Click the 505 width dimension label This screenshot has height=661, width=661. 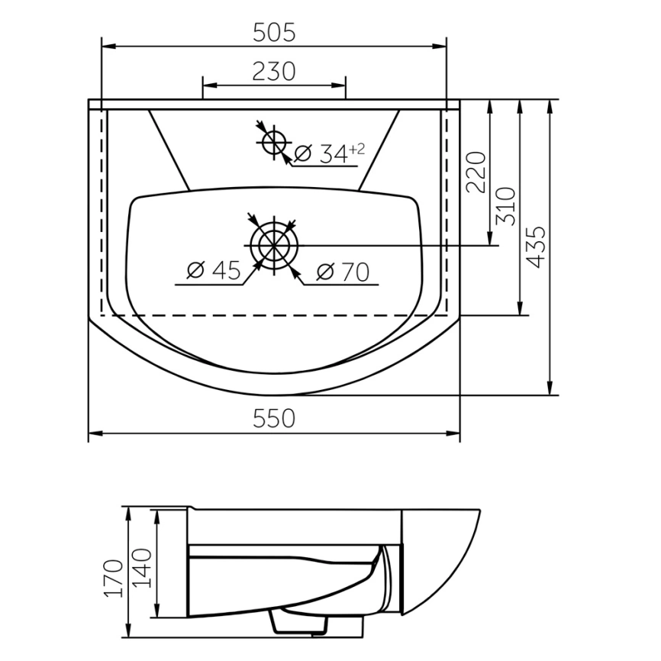(274, 33)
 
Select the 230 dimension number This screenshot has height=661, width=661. (274, 71)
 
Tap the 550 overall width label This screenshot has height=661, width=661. (274, 418)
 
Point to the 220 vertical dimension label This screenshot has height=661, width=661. (476, 172)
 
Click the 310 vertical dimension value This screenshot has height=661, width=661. (505, 206)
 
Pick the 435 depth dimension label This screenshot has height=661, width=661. (537, 247)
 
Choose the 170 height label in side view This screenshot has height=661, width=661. (114, 578)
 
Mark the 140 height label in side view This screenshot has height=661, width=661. (142, 568)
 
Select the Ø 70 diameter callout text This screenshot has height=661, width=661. (343, 272)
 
